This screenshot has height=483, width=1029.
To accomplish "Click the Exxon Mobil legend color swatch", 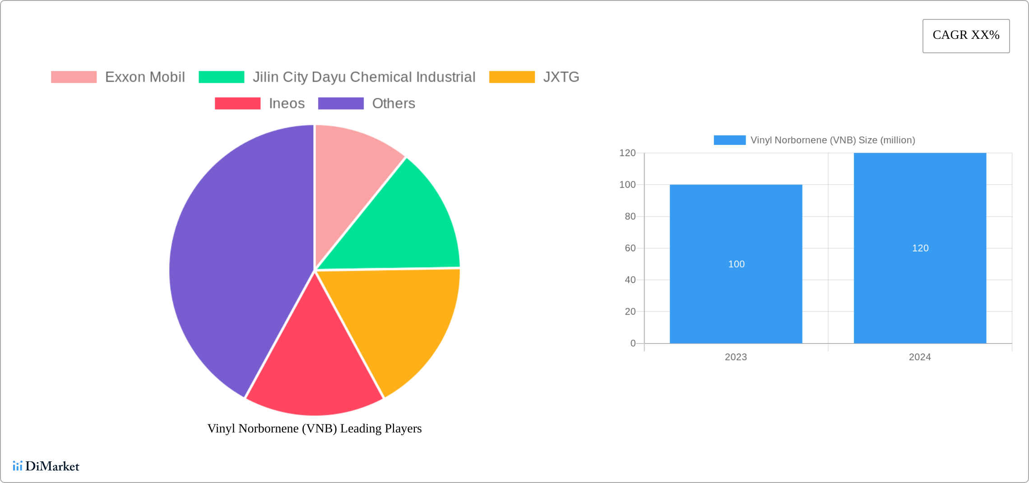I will tap(74, 77).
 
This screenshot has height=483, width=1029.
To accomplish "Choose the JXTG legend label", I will tap(561, 77).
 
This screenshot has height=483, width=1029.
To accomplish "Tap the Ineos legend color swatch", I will tap(237, 103).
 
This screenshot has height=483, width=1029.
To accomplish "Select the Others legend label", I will tap(393, 103).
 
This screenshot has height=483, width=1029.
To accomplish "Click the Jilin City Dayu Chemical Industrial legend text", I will tap(364, 77).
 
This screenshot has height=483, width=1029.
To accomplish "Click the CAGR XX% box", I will tap(966, 36).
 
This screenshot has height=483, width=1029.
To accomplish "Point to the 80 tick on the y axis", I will tap(630, 217).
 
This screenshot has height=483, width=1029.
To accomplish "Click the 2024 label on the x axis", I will tap(920, 357).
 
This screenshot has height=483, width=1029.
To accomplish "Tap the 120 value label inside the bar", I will tap(920, 248).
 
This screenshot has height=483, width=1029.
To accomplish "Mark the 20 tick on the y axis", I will tap(630, 311).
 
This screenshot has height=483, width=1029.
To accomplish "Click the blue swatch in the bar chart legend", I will tap(729, 140).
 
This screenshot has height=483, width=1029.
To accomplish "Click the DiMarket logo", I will tap(46, 466).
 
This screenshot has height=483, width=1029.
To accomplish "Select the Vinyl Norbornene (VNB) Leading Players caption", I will tap(315, 428).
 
